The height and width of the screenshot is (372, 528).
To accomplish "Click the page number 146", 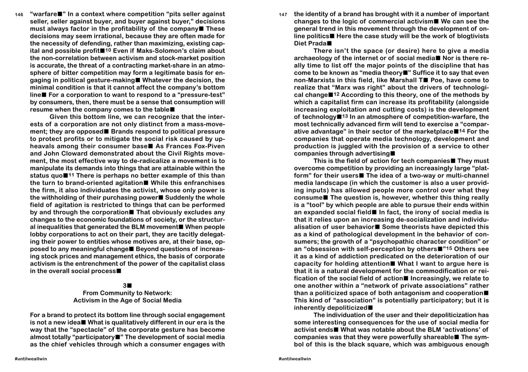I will (x=19, y=15).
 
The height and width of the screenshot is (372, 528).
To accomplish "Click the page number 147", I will (x=283, y=15).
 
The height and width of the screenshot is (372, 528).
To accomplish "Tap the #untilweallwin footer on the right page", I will (x=295, y=358).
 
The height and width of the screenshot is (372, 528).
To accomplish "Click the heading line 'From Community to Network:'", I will (x=127, y=293).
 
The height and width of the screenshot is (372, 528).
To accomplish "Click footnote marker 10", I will (x=108, y=50).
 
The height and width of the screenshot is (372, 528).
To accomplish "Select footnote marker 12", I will (x=336, y=94).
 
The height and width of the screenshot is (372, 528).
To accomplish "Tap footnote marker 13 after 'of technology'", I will (x=345, y=116).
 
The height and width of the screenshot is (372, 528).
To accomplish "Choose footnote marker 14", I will (x=462, y=131).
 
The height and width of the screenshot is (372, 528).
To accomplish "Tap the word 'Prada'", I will (x=317, y=43).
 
